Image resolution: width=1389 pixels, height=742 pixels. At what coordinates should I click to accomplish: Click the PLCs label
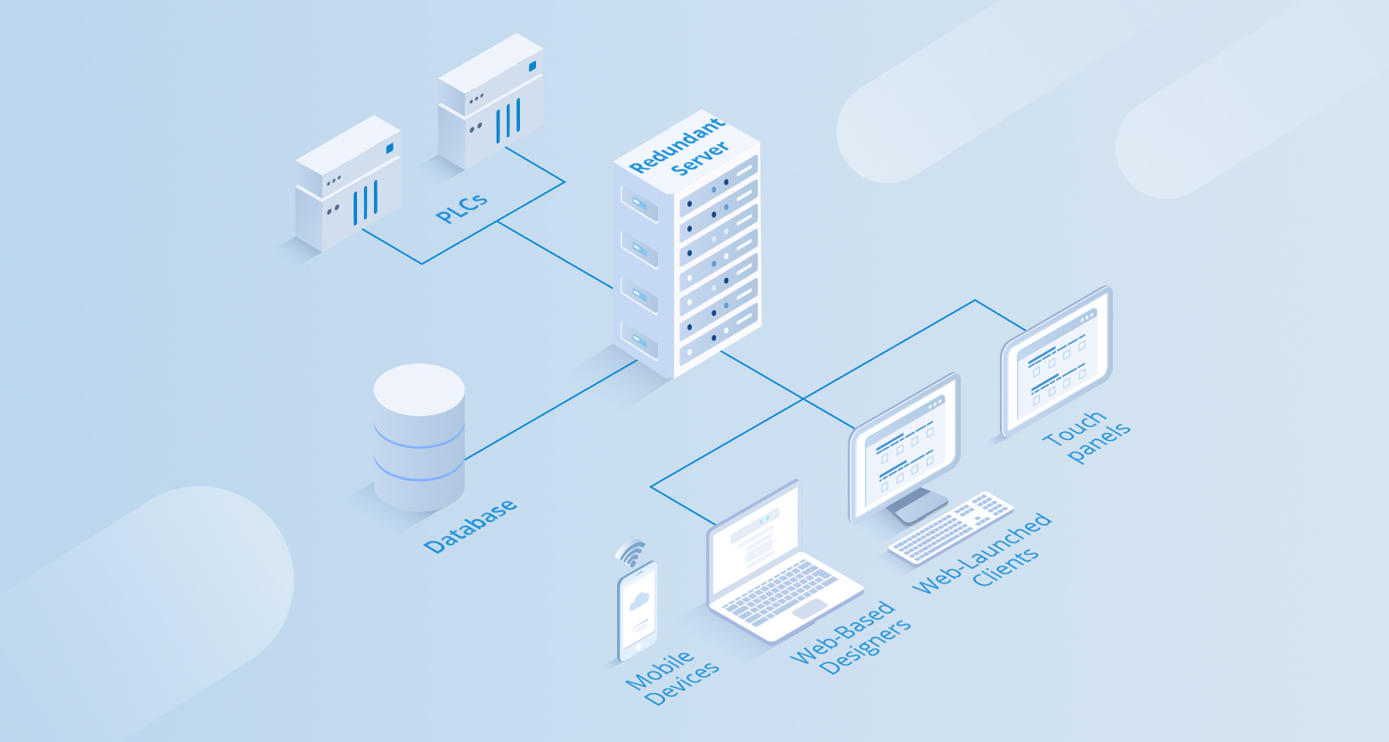click(461, 207)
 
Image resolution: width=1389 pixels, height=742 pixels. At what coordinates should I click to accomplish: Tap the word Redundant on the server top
click(677, 145)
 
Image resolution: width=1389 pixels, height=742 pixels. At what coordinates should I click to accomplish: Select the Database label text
click(470, 526)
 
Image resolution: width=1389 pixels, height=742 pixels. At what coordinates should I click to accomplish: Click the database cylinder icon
click(419, 436)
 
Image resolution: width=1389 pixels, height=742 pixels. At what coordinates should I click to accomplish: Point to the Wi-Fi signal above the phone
click(631, 553)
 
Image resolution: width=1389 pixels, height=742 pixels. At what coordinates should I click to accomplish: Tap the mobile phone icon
click(638, 610)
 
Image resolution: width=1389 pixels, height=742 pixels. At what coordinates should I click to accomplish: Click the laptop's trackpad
click(809, 608)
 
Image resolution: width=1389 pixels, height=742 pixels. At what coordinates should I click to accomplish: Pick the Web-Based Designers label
click(851, 638)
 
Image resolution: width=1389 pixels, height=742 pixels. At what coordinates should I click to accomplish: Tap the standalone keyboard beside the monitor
click(950, 527)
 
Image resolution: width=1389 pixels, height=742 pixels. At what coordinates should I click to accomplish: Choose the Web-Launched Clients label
click(983, 553)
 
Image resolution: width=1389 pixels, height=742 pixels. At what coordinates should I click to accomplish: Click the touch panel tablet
click(1057, 360)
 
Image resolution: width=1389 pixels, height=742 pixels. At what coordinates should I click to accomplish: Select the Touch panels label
click(1086, 436)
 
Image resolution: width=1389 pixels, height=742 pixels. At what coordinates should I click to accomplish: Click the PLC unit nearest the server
click(491, 100)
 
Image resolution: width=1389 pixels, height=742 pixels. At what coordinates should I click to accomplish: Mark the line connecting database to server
click(552, 410)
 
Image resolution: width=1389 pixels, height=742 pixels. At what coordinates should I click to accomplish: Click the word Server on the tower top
click(700, 159)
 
